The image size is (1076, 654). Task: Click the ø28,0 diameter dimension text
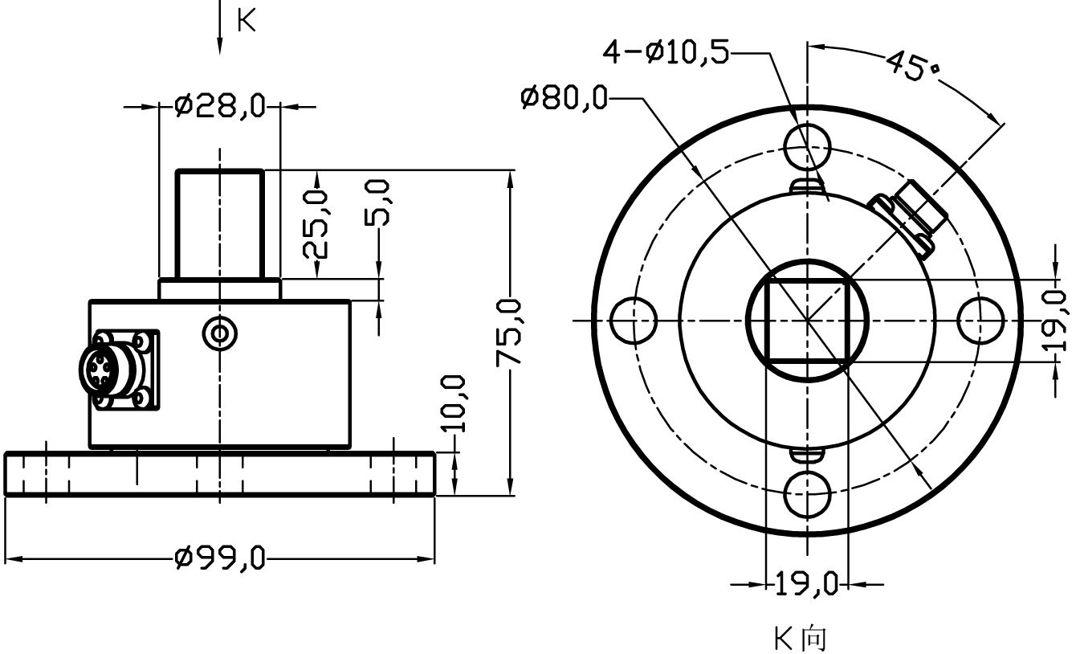(x=219, y=106)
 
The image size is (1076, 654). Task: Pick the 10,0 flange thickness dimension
(x=454, y=403)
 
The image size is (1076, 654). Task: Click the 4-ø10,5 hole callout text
(x=666, y=53)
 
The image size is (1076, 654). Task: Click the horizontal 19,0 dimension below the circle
(x=805, y=583)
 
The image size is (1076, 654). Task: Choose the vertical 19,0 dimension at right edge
(x=1058, y=321)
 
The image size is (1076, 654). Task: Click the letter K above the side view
(x=247, y=22)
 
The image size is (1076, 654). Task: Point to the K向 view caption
(x=800, y=639)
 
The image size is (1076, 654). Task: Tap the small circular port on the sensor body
(x=219, y=332)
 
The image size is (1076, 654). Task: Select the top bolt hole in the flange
(x=807, y=146)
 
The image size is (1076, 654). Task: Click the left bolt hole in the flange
(x=633, y=321)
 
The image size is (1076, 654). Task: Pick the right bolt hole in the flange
(x=980, y=321)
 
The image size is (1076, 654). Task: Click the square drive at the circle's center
(x=806, y=321)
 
